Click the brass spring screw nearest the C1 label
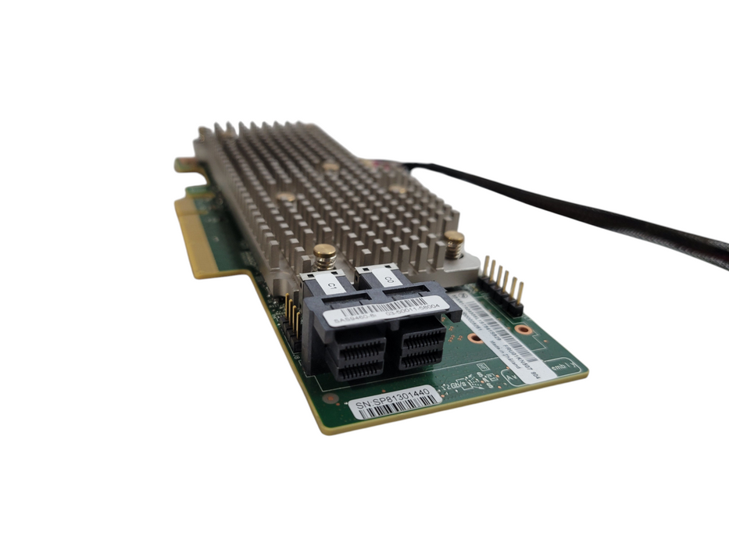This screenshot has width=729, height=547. [x=324, y=255]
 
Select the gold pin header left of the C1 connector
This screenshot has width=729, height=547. [x=295, y=318]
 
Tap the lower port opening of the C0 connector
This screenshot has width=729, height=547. [x=421, y=356]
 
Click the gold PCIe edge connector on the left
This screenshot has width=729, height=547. [x=195, y=234]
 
